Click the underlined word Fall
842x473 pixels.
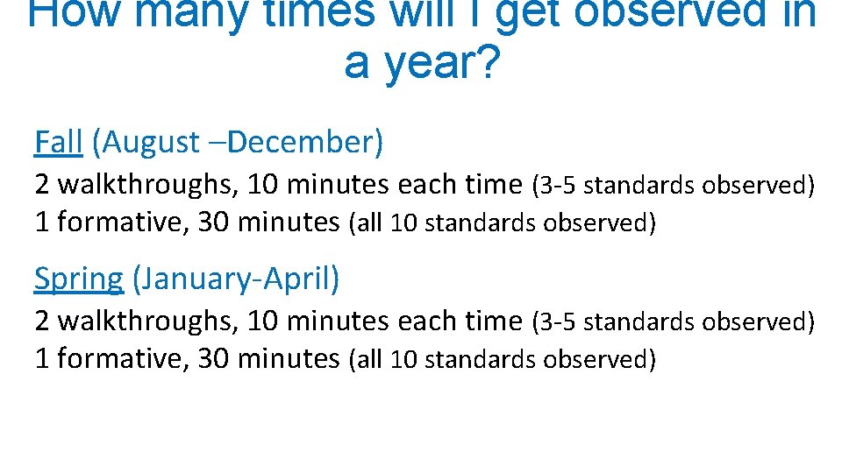click(x=58, y=142)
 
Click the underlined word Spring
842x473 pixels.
click(x=79, y=279)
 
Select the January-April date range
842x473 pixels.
click(x=235, y=279)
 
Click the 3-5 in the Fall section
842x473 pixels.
click(x=558, y=186)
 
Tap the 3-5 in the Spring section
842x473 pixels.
click(x=558, y=322)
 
